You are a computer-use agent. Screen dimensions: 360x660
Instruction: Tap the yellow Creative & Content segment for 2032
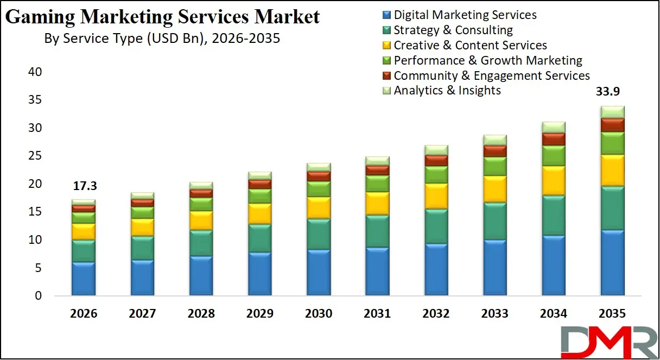pos(436,196)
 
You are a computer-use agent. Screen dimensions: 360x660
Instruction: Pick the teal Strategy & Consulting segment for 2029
pos(260,238)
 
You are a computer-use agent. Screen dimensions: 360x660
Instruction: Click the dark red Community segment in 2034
pos(554,139)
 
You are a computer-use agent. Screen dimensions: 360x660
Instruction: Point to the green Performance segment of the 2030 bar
pos(319,189)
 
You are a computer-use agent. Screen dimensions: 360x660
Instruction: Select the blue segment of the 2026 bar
pos(84,279)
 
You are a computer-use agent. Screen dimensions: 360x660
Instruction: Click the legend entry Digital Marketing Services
pos(465,15)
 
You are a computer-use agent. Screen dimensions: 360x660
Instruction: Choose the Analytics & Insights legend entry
pos(447,90)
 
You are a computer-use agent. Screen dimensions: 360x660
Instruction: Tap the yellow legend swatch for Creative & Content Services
pos(386,46)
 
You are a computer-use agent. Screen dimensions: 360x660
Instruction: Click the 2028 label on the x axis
pos(201,314)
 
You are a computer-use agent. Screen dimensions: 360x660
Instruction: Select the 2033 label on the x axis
pos(495,314)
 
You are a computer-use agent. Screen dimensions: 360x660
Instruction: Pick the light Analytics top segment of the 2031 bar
pos(377,161)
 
